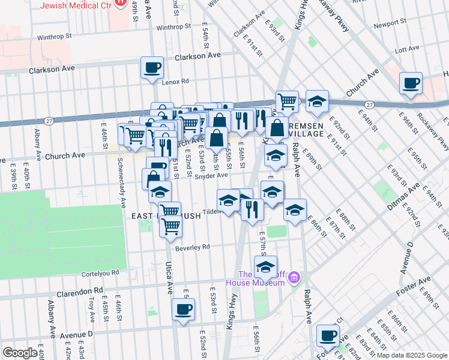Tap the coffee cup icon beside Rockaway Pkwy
[x=411, y=83]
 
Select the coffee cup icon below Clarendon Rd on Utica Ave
[x=183, y=310]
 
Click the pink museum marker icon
[x=294, y=278]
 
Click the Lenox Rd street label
[x=175, y=81]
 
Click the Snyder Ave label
[x=211, y=176]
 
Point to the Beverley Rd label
[x=193, y=247]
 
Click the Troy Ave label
[x=92, y=309]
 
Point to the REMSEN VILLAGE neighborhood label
[x=307, y=130]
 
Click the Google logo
[x=20, y=353]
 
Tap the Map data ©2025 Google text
[x=411, y=355]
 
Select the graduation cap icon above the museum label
[x=265, y=266]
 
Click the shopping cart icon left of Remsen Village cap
[x=287, y=101]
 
